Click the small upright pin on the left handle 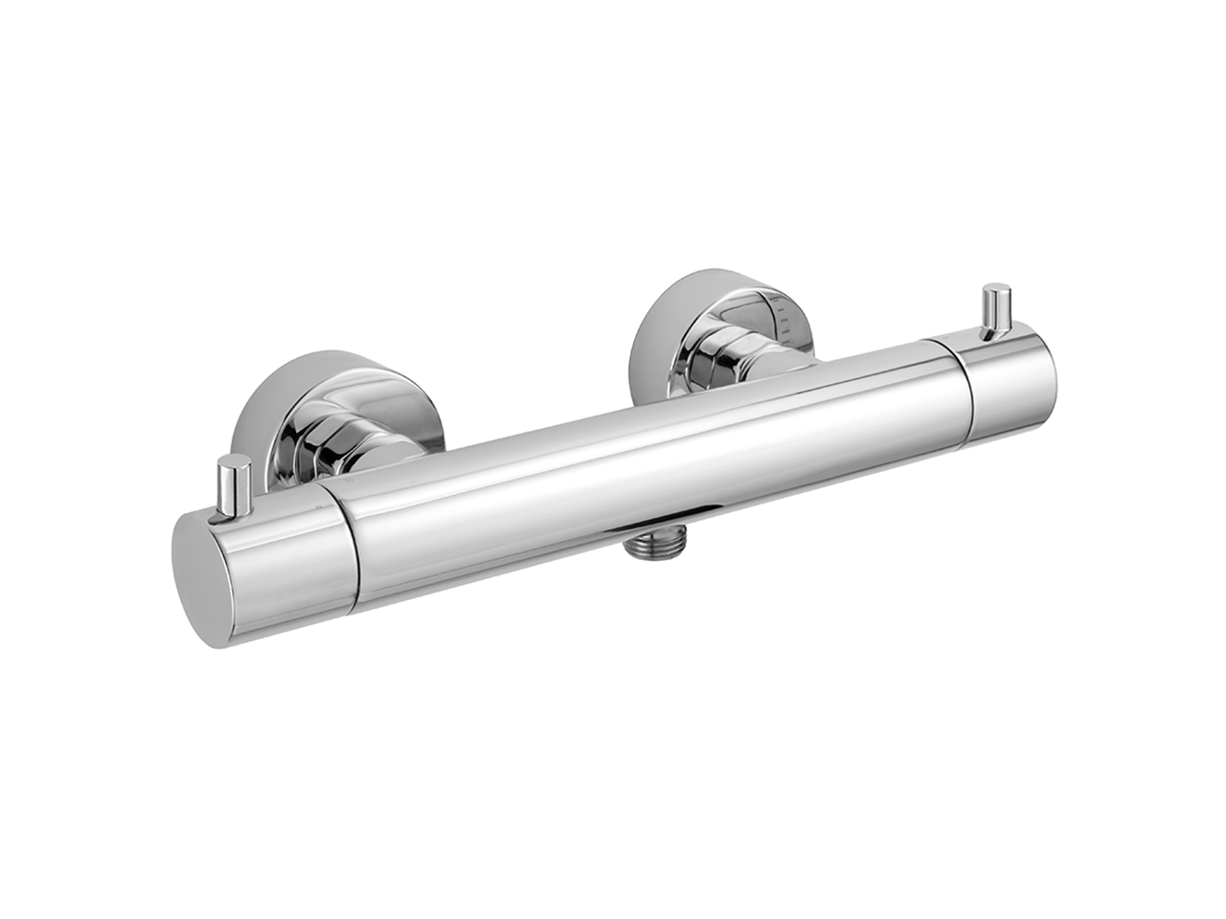click(234, 488)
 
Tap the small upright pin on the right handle click(996, 310)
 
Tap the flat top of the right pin click(997, 289)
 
